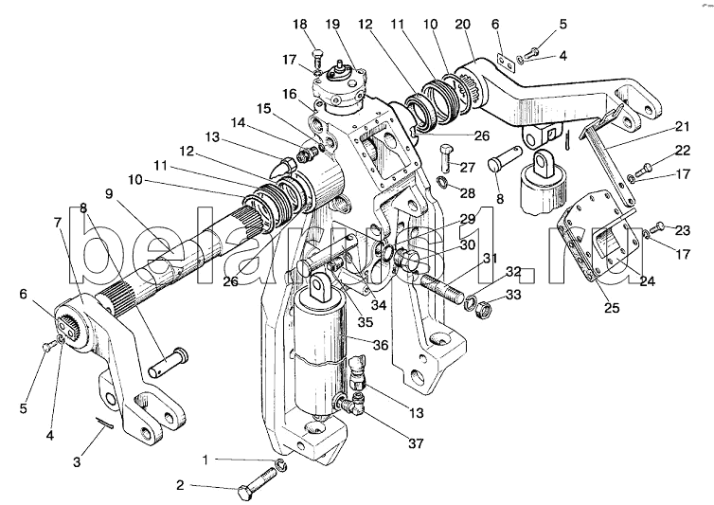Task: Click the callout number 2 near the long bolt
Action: [x=180, y=485]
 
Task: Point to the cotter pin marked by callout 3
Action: [x=105, y=423]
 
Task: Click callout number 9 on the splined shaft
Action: [x=108, y=193]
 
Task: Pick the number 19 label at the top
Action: [x=333, y=24]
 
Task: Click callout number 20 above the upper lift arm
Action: [x=463, y=24]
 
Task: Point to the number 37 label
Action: [x=416, y=443]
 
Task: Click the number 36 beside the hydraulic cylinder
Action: [x=381, y=345]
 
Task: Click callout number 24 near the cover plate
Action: [x=647, y=281]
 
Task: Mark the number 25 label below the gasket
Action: [x=612, y=308]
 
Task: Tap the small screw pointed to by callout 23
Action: [x=658, y=225]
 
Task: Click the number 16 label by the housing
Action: [x=289, y=95]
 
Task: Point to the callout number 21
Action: [x=683, y=126]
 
